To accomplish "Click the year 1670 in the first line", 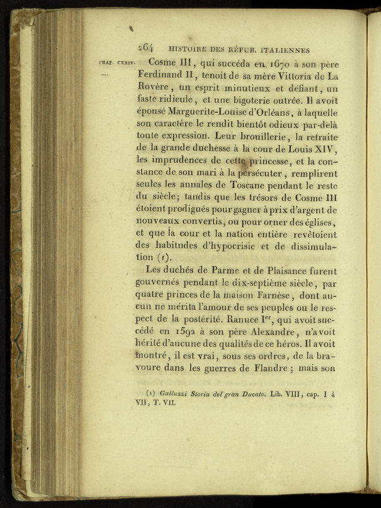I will pyautogui.click(x=258, y=62).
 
